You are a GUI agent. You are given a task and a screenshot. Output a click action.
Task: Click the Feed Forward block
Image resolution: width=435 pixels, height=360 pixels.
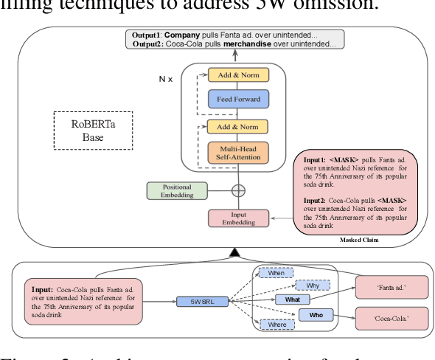tap(238, 99)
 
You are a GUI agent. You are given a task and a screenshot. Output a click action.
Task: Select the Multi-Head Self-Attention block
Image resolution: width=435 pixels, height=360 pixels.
tap(238, 153)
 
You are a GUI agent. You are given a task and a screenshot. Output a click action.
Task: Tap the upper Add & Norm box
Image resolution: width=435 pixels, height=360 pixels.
tap(238, 75)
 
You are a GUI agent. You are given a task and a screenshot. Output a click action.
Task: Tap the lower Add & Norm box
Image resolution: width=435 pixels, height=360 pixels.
tap(238, 126)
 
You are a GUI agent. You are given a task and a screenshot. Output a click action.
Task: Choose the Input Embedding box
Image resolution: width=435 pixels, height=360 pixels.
tap(237, 218)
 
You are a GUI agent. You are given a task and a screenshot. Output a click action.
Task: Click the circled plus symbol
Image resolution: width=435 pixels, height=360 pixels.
tap(238, 190)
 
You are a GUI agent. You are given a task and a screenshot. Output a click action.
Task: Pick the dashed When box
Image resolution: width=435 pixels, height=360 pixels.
tap(276, 273)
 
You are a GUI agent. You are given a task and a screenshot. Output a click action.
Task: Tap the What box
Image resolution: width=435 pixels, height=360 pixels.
tap(292, 300)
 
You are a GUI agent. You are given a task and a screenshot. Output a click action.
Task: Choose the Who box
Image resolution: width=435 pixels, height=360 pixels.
tap(316, 316)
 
